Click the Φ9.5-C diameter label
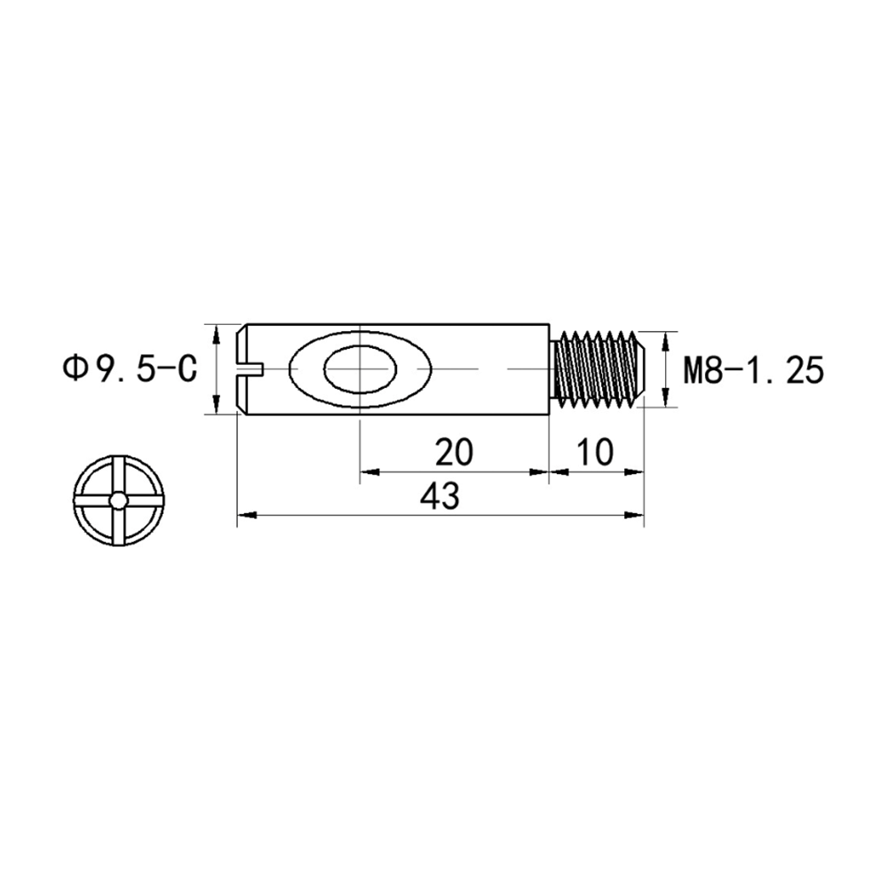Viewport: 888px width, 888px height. click(x=130, y=369)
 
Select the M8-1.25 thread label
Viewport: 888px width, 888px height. click(x=753, y=370)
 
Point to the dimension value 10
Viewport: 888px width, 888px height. click(x=595, y=452)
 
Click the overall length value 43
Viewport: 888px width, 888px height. click(x=440, y=496)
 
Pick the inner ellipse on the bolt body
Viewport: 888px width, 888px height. click(x=361, y=369)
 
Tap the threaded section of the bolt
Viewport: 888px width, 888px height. click(x=598, y=369)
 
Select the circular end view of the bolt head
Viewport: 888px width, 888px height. click(x=118, y=501)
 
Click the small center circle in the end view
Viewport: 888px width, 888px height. click(x=118, y=501)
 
